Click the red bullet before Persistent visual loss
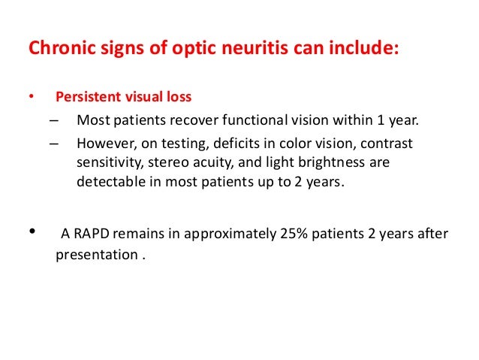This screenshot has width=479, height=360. (31, 98)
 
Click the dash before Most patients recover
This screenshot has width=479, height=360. (55, 121)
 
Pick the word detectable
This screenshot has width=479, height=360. (110, 181)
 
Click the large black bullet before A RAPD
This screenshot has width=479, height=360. (32, 234)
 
